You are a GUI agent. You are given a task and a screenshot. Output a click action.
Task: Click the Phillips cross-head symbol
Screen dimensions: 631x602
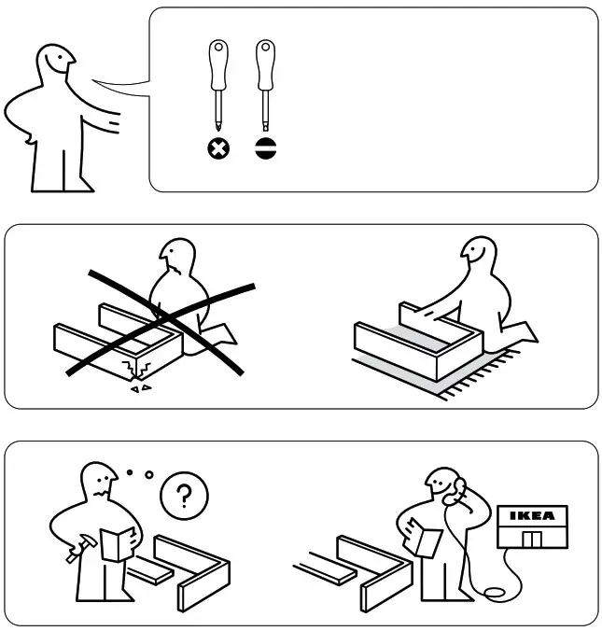coord(217,149)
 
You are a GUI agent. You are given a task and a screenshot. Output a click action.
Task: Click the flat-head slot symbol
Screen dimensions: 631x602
coord(266,149)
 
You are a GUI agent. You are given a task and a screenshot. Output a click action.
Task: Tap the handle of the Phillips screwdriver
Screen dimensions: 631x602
coord(217,62)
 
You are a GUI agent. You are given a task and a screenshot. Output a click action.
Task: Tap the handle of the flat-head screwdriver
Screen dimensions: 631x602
coord(266,62)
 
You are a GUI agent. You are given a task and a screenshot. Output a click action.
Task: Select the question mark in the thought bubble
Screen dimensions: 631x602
coord(184,494)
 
